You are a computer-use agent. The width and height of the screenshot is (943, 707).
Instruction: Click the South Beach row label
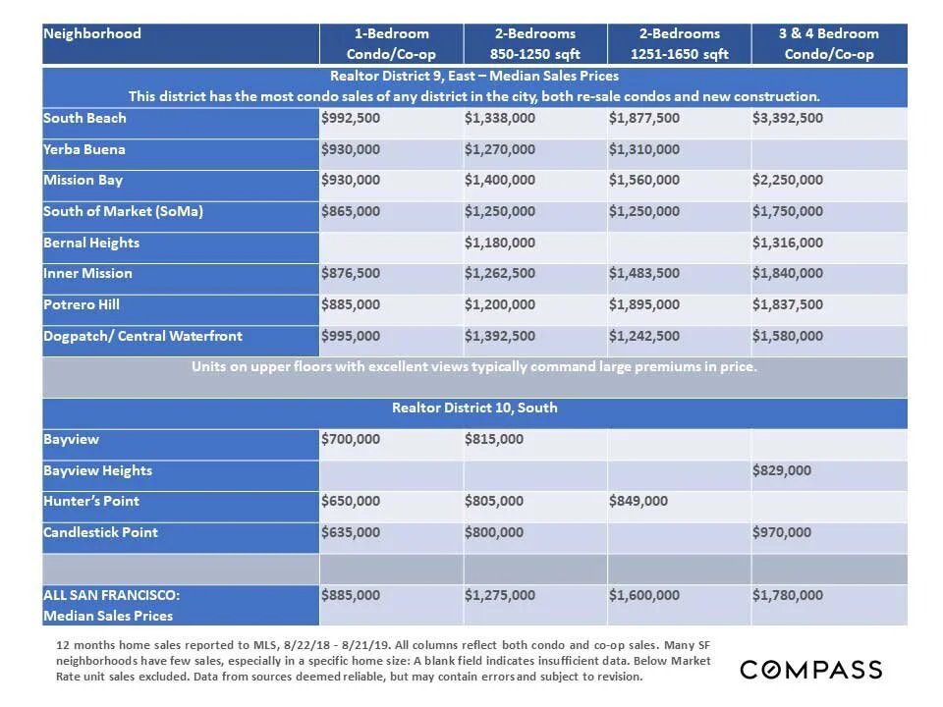click(x=85, y=119)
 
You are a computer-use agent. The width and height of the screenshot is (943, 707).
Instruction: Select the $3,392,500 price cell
click(x=788, y=119)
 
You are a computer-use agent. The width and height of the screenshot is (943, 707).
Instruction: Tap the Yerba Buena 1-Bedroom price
click(x=351, y=150)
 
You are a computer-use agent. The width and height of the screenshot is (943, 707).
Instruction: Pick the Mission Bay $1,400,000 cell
click(x=500, y=181)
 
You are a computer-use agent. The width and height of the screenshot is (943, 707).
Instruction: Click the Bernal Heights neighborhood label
click(x=91, y=243)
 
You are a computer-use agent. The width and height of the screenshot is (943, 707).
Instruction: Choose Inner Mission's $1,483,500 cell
click(x=643, y=274)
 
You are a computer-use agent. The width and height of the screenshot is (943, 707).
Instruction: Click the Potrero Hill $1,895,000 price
click(x=643, y=305)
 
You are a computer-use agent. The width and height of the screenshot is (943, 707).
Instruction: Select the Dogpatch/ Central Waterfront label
click(x=142, y=336)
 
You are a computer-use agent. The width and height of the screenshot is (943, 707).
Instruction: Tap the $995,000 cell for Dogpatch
click(x=351, y=337)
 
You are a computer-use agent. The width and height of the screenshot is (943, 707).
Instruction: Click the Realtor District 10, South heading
click(x=474, y=408)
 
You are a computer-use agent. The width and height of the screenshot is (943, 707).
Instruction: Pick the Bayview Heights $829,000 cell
click(x=782, y=471)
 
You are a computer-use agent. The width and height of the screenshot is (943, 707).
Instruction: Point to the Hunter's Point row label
click(x=91, y=502)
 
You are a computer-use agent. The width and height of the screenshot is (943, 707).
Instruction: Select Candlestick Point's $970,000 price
click(x=782, y=533)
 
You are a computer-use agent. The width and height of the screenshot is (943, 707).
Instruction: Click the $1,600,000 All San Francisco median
click(x=643, y=595)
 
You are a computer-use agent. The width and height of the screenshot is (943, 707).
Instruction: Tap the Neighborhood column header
click(x=92, y=33)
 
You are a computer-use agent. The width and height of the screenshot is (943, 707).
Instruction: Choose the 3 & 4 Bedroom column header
click(x=829, y=43)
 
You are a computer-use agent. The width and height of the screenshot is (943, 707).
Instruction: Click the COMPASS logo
click(x=811, y=670)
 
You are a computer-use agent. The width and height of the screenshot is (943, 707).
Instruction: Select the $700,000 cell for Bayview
click(x=351, y=440)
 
